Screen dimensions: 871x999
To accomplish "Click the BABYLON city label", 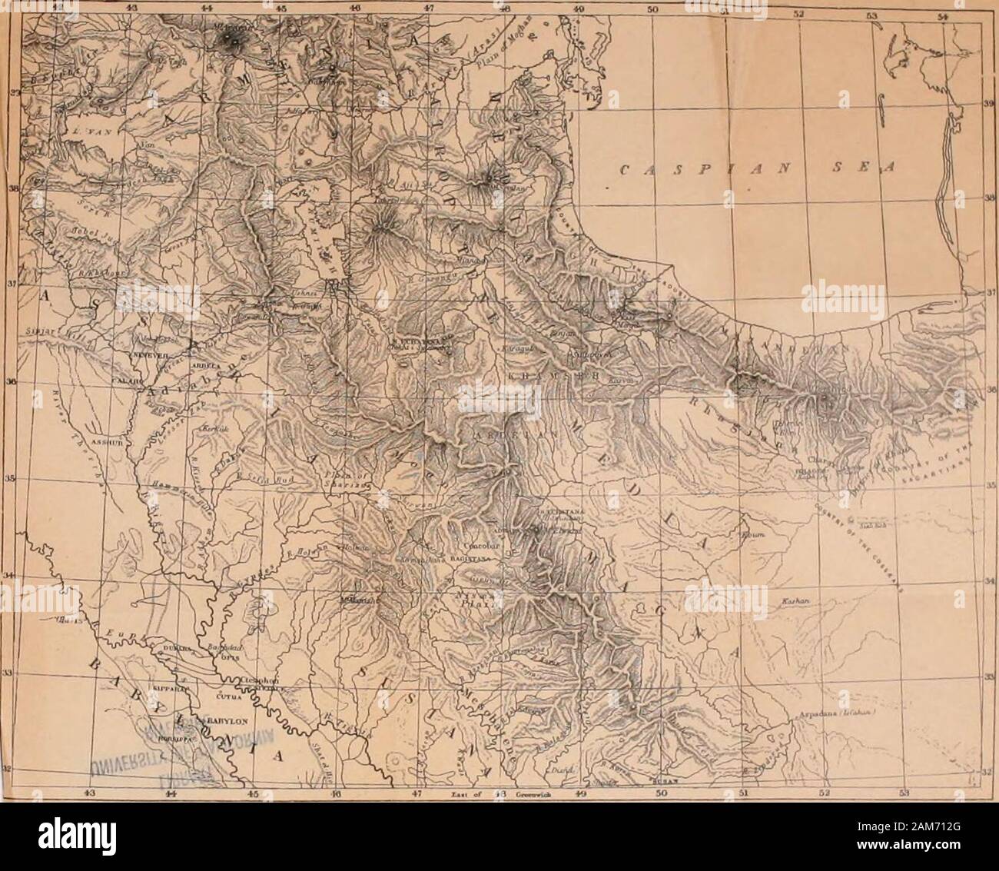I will pyautogui.click(x=223, y=721).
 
